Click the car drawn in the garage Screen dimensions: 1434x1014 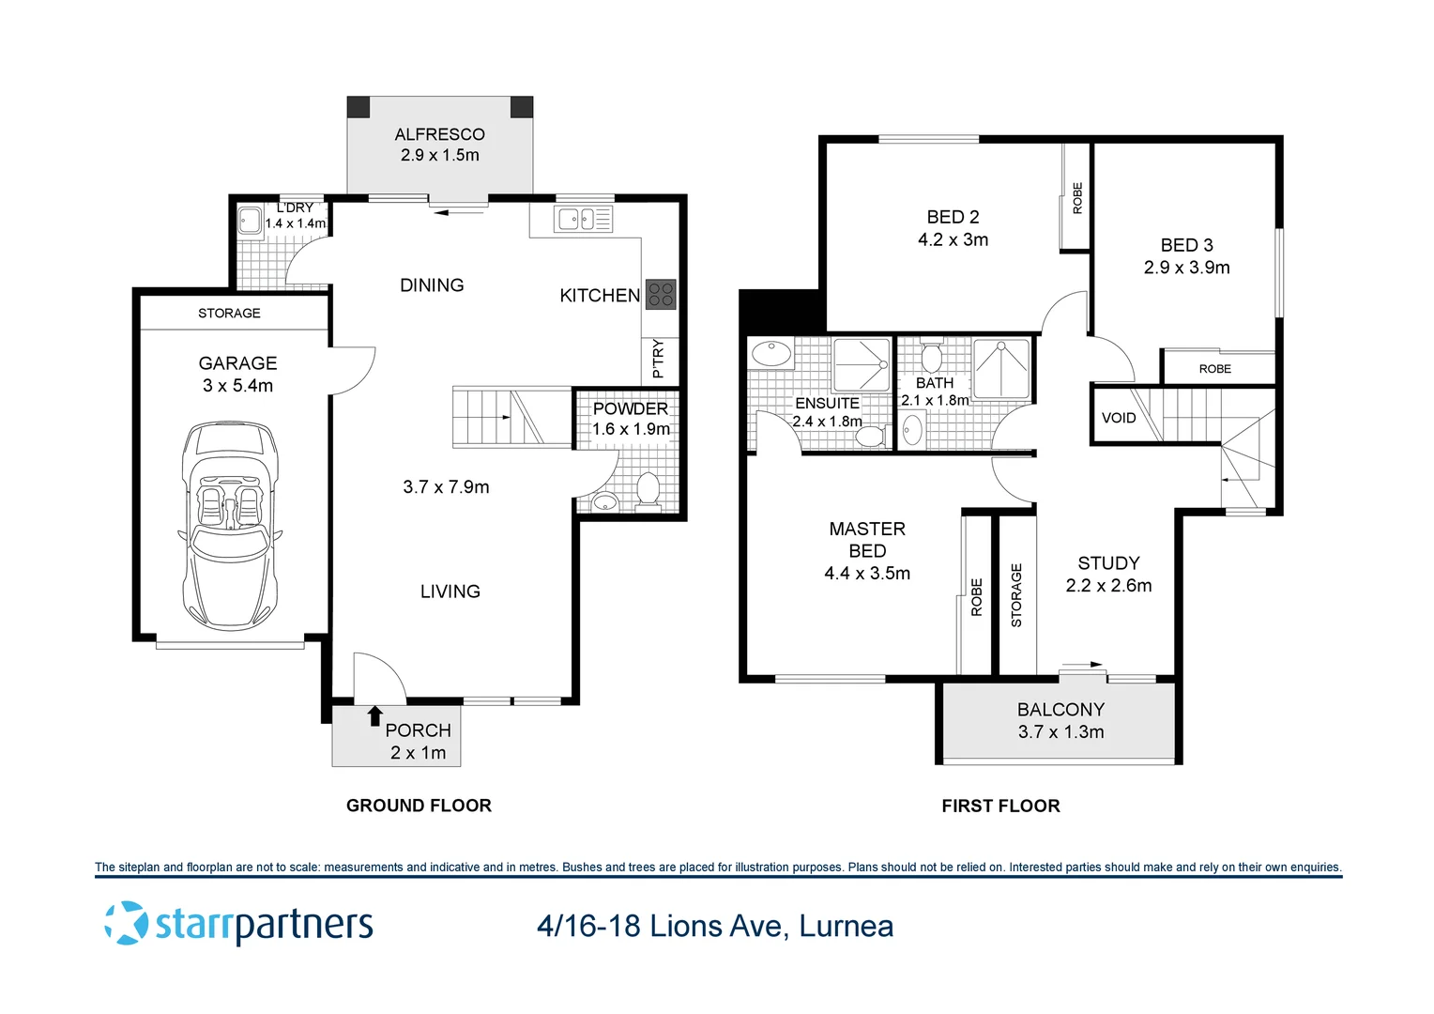(x=229, y=525)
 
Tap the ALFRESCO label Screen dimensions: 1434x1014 (x=439, y=134)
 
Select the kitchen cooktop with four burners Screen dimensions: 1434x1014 (x=660, y=295)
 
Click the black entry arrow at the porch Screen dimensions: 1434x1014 (x=375, y=716)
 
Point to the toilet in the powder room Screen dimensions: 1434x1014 (x=648, y=492)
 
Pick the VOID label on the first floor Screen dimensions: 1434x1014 (x=1119, y=419)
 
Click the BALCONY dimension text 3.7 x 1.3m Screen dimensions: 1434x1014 (x=1060, y=731)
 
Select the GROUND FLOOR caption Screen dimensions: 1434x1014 (x=419, y=806)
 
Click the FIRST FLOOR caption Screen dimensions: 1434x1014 (x=1000, y=806)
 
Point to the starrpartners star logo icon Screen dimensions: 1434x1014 (x=126, y=923)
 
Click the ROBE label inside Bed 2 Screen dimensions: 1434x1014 (x=1077, y=198)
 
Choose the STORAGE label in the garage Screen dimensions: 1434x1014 (x=229, y=314)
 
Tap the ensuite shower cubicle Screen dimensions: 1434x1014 (x=861, y=365)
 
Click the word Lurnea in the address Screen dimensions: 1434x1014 (x=846, y=927)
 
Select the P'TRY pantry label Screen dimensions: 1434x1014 (x=658, y=360)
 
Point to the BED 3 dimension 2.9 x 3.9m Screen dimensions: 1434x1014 (x=1186, y=267)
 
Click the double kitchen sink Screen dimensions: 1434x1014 (x=583, y=220)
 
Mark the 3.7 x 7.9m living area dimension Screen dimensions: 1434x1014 (x=446, y=487)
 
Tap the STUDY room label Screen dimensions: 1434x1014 (x=1108, y=563)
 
